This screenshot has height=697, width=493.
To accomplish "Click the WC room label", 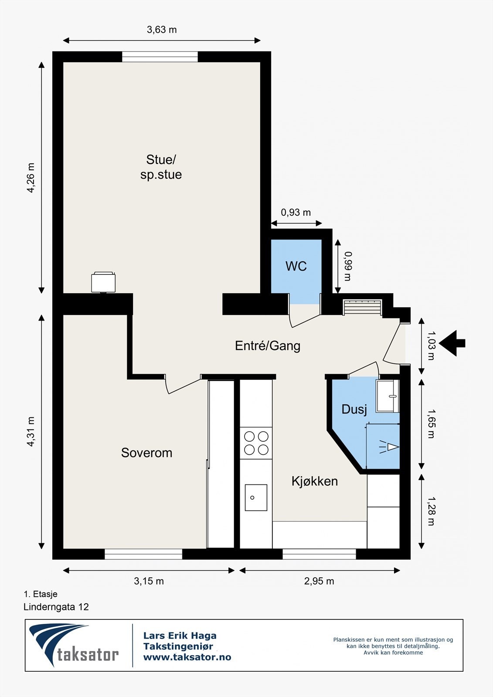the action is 296,266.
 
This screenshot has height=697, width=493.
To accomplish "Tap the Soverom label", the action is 147,453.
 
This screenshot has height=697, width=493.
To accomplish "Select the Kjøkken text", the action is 315,481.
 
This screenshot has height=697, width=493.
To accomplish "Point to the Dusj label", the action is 354,410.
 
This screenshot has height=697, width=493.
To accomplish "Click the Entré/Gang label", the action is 268,346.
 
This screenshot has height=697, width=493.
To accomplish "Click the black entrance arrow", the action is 452,343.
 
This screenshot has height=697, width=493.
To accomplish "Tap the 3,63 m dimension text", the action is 162,30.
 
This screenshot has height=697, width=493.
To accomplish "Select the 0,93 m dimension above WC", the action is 296,213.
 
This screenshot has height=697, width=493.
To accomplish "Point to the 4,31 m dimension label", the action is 31,432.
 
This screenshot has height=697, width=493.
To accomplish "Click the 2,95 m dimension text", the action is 319,581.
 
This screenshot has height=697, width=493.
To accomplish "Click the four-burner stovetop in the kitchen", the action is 256,443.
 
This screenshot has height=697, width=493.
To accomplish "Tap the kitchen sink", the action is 256,497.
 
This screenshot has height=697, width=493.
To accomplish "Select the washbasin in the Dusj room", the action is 388,396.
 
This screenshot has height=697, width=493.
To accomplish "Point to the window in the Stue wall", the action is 160,57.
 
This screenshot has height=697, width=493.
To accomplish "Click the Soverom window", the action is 143,554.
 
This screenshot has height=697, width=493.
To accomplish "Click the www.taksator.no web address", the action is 187,657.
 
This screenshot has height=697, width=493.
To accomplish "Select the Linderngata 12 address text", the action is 56,607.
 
